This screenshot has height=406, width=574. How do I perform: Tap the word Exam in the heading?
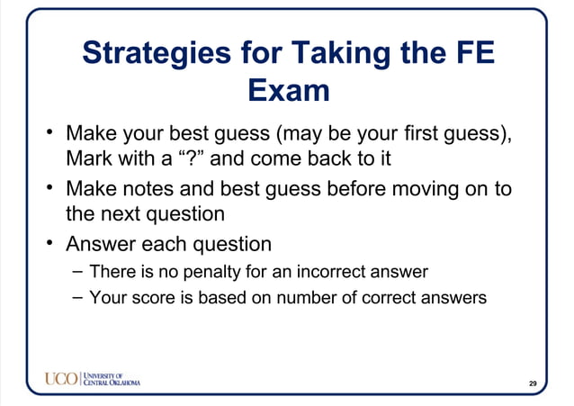[287, 91]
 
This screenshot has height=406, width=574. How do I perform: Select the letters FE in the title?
[472, 52]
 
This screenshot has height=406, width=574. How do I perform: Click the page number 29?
[533, 384]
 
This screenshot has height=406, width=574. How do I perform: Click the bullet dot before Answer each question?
[52, 244]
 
